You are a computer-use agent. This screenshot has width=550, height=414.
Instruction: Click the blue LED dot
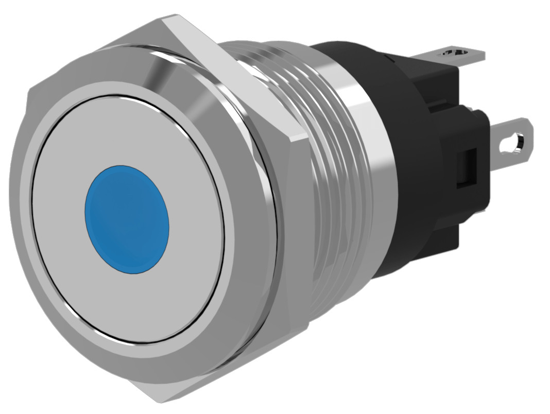click(127, 218)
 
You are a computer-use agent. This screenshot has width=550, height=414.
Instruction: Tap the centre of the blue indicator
click(127, 218)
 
